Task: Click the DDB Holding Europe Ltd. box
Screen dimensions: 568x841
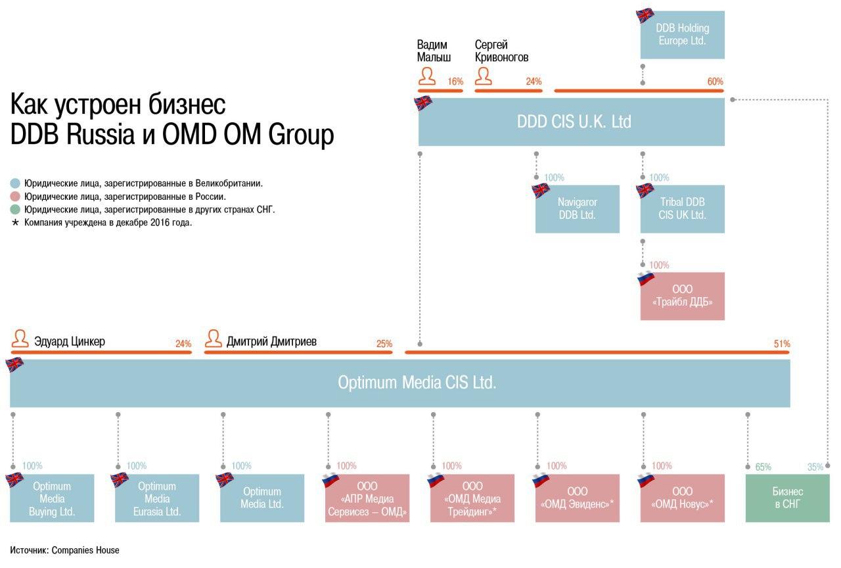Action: [683, 35]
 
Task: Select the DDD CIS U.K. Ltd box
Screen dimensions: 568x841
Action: [572, 122]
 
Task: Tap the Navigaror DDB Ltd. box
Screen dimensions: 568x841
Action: [578, 209]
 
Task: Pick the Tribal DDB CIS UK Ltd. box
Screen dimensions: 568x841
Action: [683, 209]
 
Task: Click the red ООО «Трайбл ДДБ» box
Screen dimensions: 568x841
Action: [683, 296]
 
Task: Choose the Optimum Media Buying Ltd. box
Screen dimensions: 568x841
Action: [53, 498]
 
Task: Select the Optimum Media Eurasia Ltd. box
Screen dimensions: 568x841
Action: [157, 498]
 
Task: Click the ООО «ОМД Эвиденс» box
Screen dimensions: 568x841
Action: [578, 498]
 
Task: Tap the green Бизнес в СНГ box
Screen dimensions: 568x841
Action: [787, 498]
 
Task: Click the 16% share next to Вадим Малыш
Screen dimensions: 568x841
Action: [455, 82]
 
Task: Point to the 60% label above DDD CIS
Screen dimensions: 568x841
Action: [715, 82]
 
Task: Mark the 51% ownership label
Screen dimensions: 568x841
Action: [782, 344]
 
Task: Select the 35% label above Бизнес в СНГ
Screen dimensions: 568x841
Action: [815, 467]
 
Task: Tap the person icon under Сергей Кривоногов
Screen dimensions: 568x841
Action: [484, 77]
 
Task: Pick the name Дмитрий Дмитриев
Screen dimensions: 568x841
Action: [271, 342]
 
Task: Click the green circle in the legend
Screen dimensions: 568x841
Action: [16, 210]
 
